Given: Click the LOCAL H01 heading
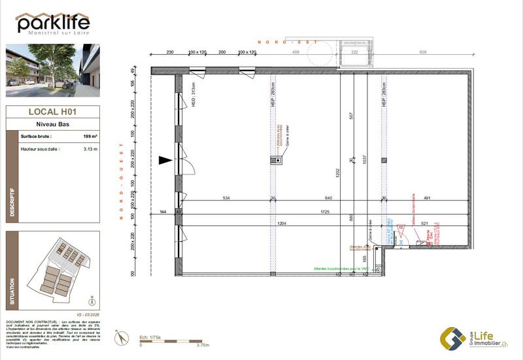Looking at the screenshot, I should [53, 112].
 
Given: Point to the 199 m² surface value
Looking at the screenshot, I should [90, 136].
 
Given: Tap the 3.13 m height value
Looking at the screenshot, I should [90, 150].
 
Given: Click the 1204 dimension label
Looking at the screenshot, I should [281, 223].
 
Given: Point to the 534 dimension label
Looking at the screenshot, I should [226, 198].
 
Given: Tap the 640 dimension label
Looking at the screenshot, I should [328, 198].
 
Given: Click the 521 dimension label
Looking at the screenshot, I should [424, 223].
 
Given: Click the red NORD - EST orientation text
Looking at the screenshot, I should [288, 42].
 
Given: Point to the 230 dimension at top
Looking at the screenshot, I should [169, 51].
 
